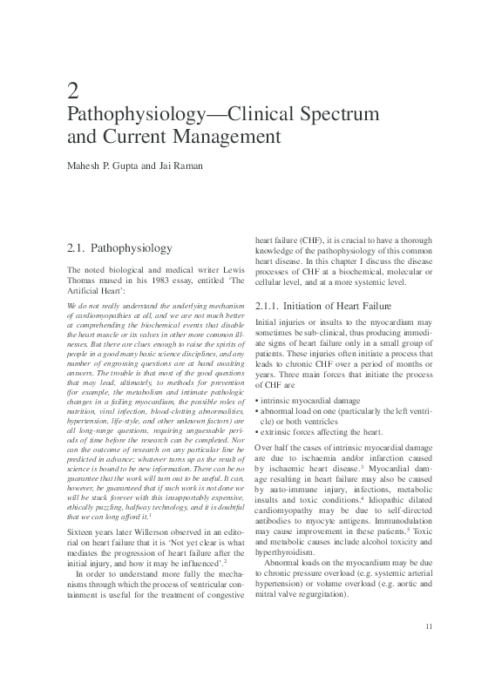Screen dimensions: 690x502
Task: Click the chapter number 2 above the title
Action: tap(73, 89)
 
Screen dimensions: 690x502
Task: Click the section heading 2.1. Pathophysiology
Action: tap(120, 248)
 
